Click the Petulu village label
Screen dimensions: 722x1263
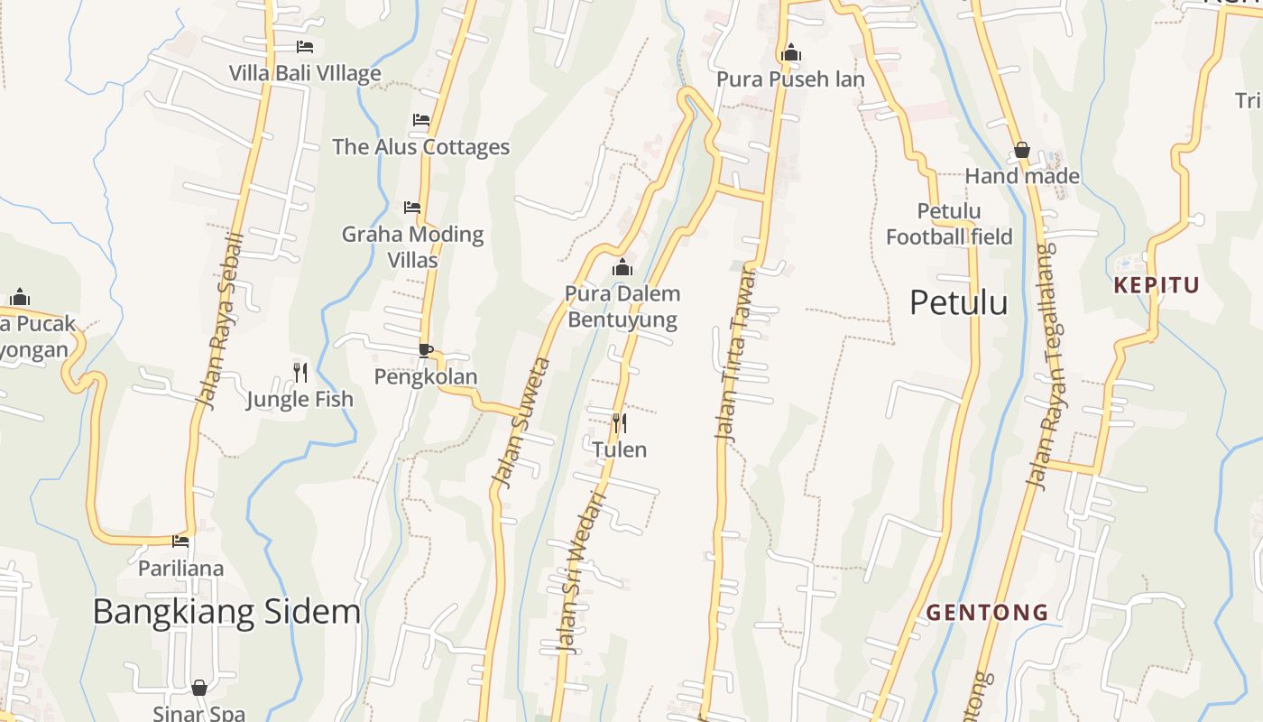pyautogui.click(x=958, y=302)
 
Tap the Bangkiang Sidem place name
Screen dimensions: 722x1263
pyautogui.click(x=226, y=612)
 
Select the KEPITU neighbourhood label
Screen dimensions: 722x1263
pyautogui.click(x=1157, y=286)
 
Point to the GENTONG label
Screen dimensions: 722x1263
pyautogui.click(x=988, y=613)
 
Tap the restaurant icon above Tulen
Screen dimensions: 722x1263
pyautogui.click(x=619, y=422)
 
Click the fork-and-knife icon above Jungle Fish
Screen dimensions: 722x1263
pyautogui.click(x=300, y=372)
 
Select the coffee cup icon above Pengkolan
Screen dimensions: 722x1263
pyautogui.click(x=426, y=350)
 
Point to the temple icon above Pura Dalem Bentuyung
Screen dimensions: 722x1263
pyautogui.click(x=622, y=267)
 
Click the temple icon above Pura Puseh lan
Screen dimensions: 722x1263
pyautogui.click(x=791, y=52)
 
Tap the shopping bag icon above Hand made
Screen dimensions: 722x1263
pyautogui.click(x=1022, y=150)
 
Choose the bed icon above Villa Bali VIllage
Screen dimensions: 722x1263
pyautogui.click(x=305, y=46)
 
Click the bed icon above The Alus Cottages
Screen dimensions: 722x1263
pyautogui.click(x=420, y=120)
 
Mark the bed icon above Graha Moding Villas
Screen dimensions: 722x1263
pyautogui.click(x=412, y=208)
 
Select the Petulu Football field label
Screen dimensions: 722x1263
pyautogui.click(x=949, y=224)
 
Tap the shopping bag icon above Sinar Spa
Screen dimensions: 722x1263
pyautogui.click(x=199, y=688)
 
